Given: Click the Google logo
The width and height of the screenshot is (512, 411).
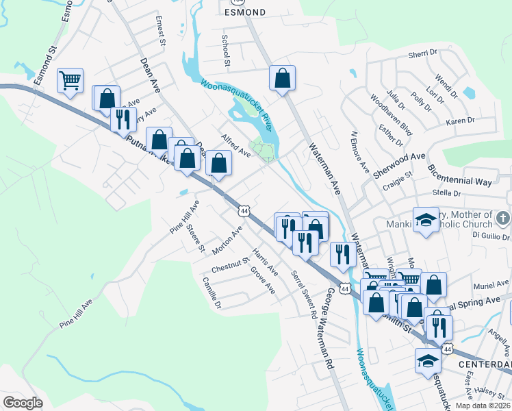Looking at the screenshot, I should point(23,402).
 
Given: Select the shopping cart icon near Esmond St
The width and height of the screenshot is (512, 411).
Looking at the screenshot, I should point(71,81).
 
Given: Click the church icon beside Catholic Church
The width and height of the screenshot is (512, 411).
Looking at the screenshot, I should point(503,219).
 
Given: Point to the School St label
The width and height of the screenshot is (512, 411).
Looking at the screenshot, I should point(225,47).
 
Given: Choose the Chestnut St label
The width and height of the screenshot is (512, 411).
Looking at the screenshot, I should point(231,264).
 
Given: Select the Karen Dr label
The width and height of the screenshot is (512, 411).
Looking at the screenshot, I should point(460,121).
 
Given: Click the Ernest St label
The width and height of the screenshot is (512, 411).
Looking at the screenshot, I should point(162,32).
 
